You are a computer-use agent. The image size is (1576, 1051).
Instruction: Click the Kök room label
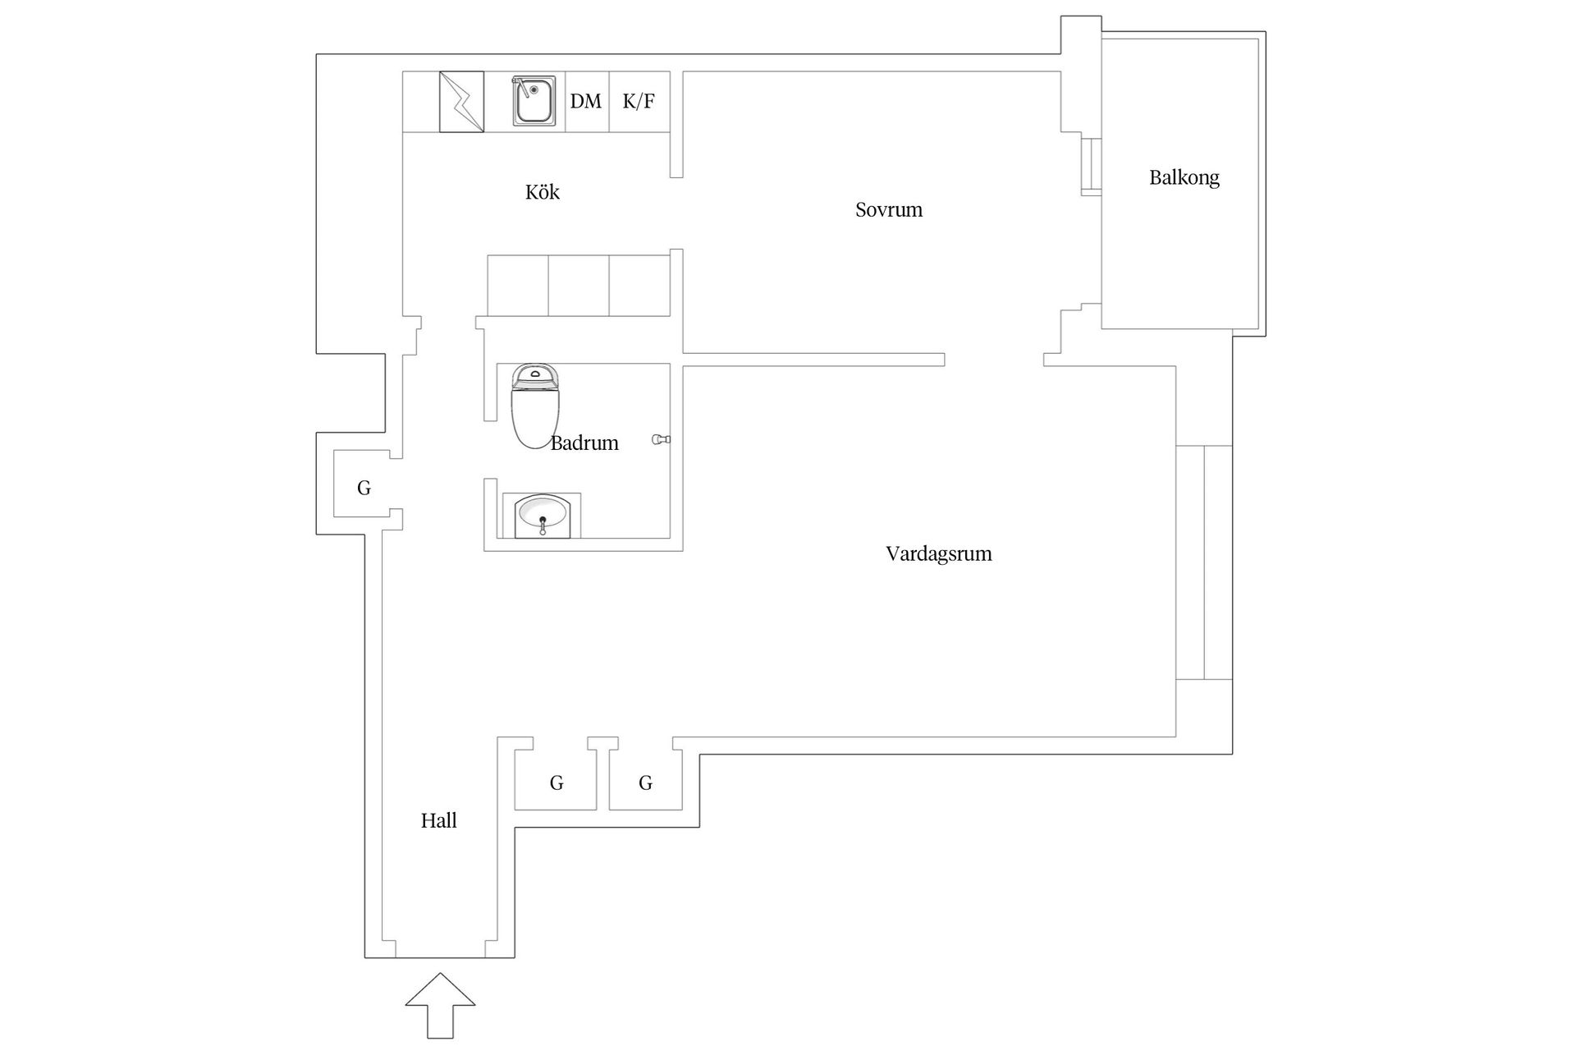point(542,192)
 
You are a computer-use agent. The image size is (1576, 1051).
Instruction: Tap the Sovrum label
point(888,209)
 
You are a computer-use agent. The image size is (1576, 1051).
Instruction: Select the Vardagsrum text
point(938,553)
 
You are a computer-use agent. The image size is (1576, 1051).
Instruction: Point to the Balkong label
point(1184,177)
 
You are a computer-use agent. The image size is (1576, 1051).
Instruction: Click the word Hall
point(438,820)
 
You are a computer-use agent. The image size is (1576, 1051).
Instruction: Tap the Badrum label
point(584,443)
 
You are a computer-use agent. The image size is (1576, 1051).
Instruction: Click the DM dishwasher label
point(586,102)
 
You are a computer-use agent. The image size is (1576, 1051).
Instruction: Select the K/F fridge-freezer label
point(639,102)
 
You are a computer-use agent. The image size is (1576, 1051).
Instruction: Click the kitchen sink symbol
point(534,101)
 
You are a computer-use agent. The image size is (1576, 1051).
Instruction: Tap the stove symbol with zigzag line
point(461,102)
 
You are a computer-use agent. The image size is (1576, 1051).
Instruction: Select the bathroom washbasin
point(541,516)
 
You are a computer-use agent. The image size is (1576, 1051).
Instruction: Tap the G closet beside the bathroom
point(364,488)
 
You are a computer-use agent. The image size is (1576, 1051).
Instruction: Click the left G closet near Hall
point(556,783)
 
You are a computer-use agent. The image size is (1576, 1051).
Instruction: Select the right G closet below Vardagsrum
point(645,783)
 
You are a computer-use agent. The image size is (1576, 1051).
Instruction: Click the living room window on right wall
point(1203,562)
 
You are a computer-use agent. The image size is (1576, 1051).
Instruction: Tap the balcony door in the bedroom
point(1091,168)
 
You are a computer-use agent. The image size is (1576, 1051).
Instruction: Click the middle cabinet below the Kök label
point(578,285)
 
